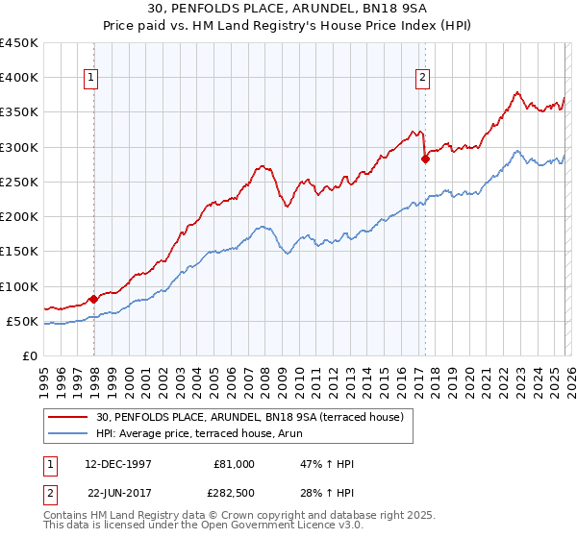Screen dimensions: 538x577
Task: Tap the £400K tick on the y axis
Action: coord(19,78)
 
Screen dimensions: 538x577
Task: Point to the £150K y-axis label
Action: coord(19,252)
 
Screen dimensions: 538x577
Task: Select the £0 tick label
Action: coord(31,356)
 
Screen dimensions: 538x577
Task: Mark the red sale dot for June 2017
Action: coord(425,159)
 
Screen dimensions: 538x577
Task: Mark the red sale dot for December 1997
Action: coord(94,299)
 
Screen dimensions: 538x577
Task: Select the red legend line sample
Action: coord(68,416)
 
